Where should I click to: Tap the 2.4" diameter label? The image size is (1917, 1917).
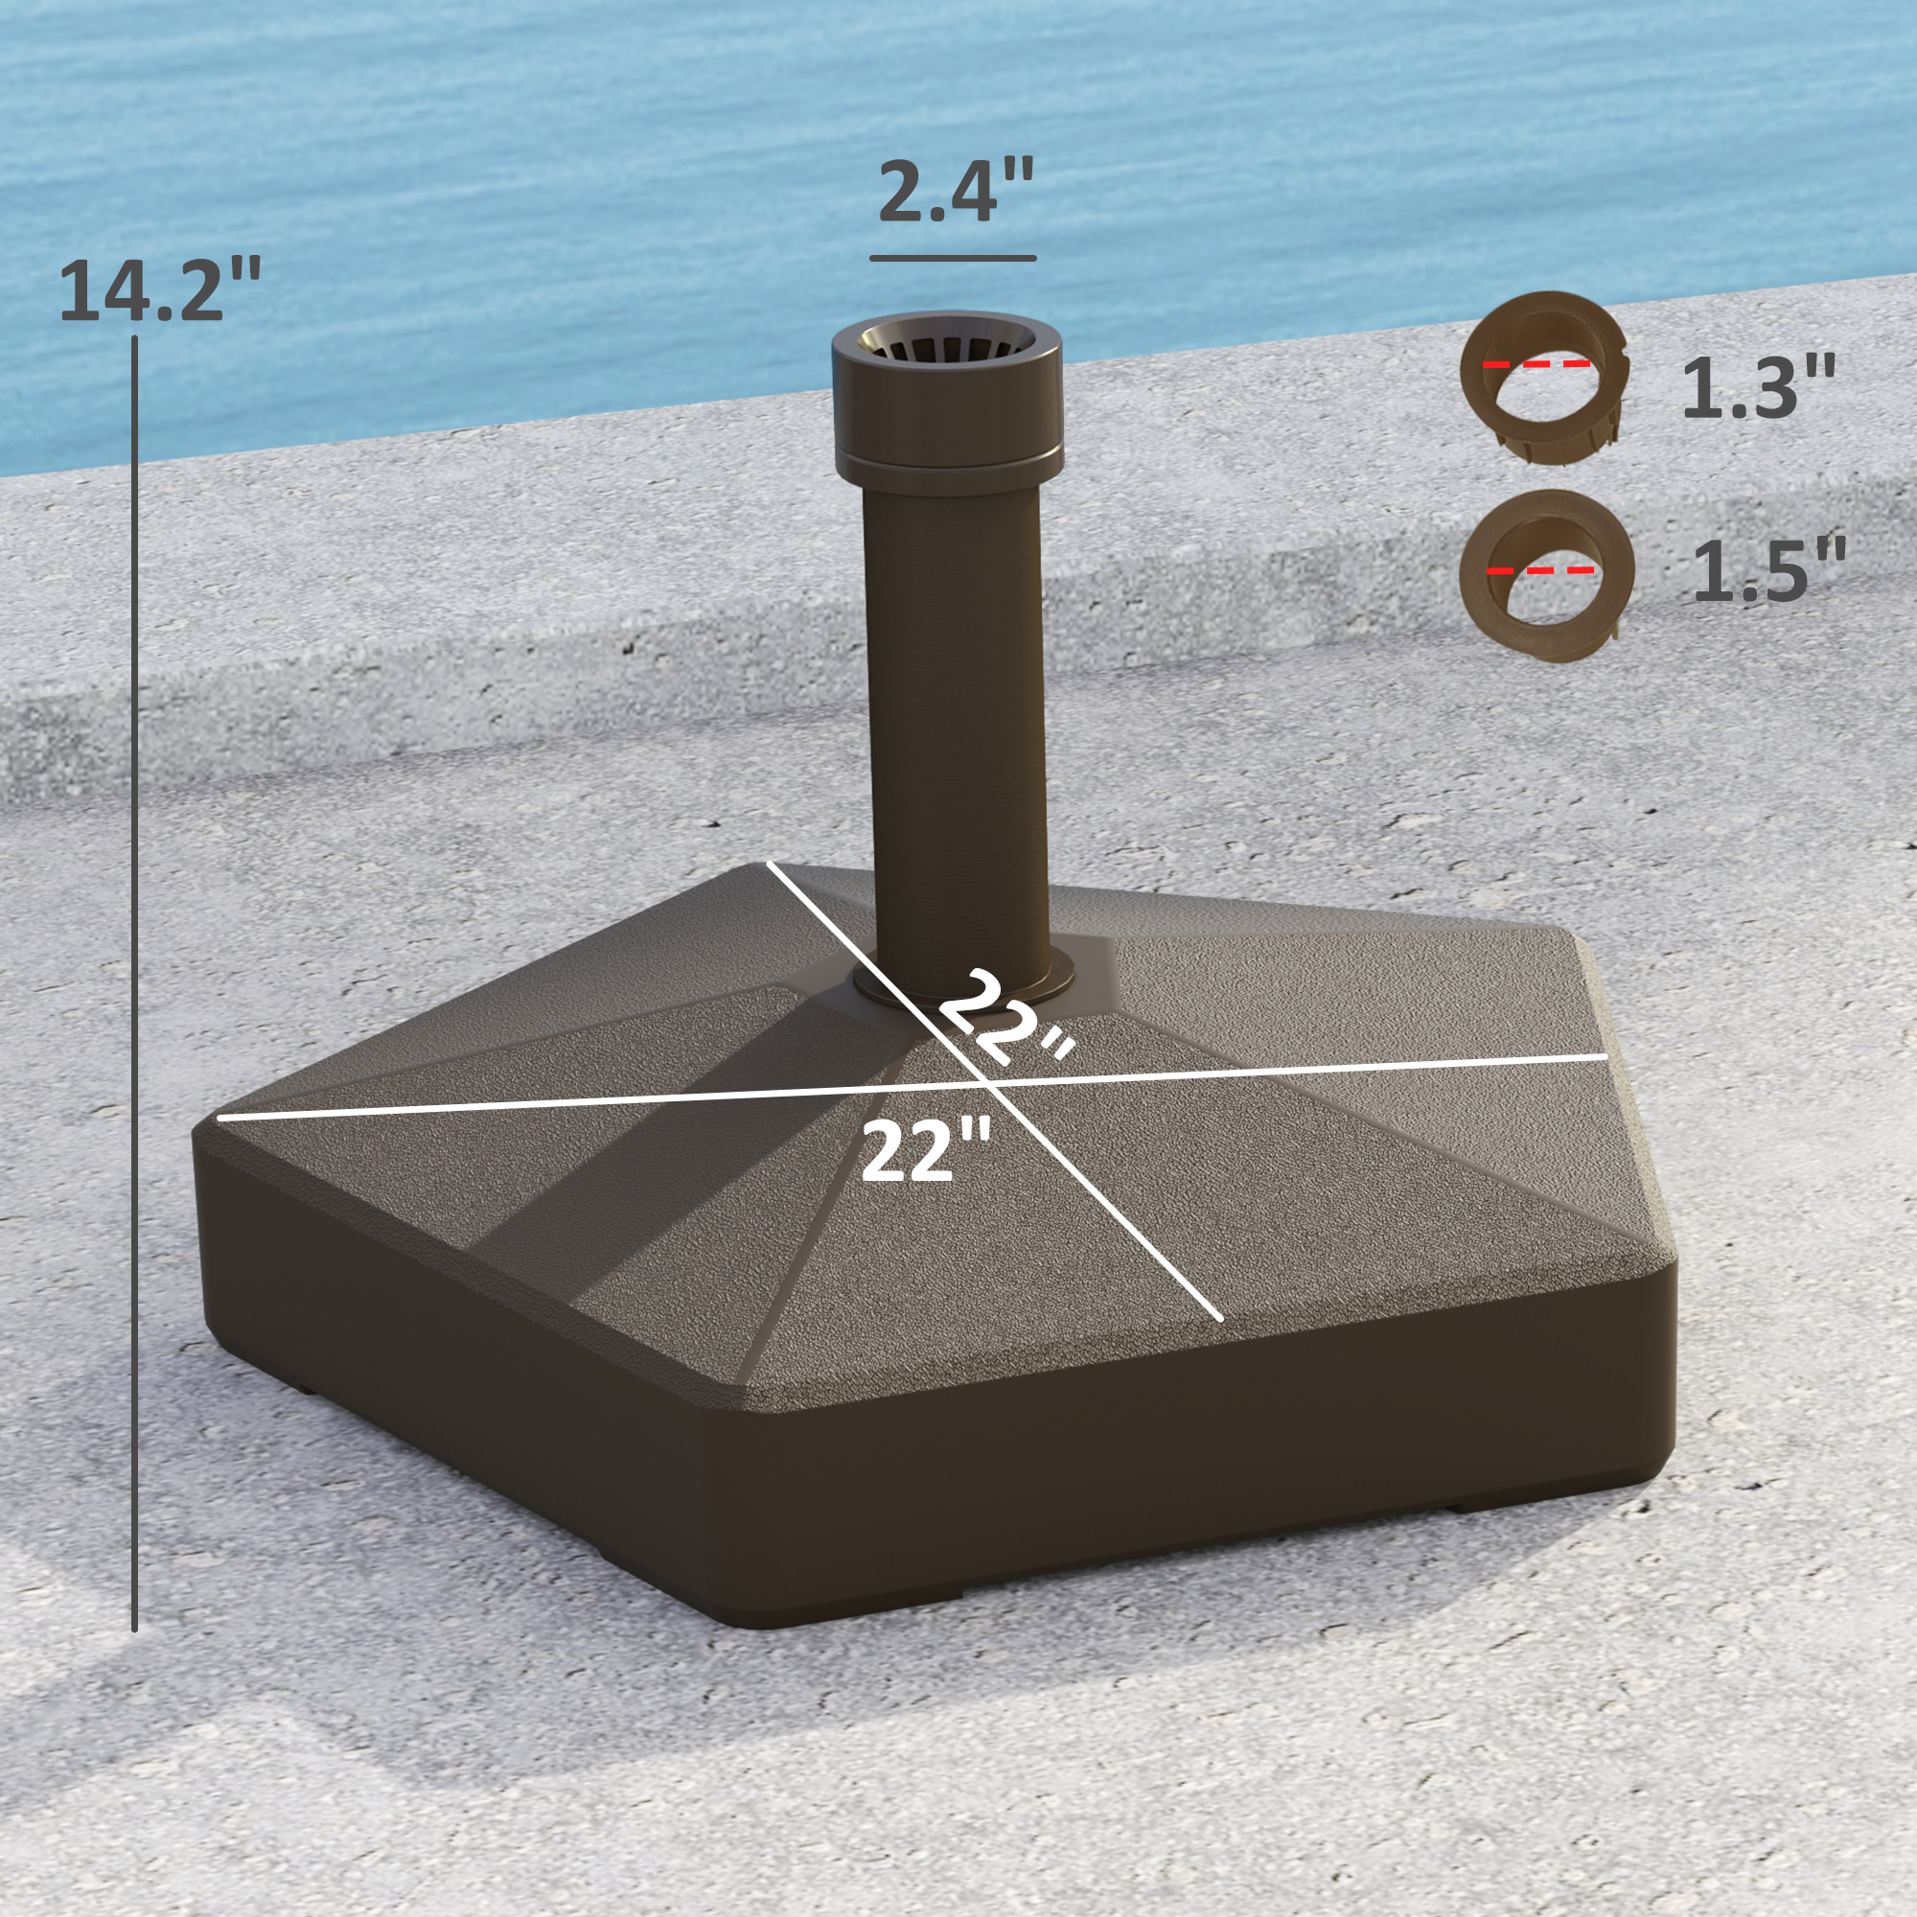956,191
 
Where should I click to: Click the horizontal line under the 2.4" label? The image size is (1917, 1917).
953,258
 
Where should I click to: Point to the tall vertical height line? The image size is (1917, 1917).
135,982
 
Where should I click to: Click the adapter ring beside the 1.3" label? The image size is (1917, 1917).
1544,377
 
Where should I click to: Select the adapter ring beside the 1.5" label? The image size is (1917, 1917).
1546,575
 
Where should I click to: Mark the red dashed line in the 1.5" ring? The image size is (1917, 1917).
1540,570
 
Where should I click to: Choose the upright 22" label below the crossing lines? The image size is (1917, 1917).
925,1151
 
